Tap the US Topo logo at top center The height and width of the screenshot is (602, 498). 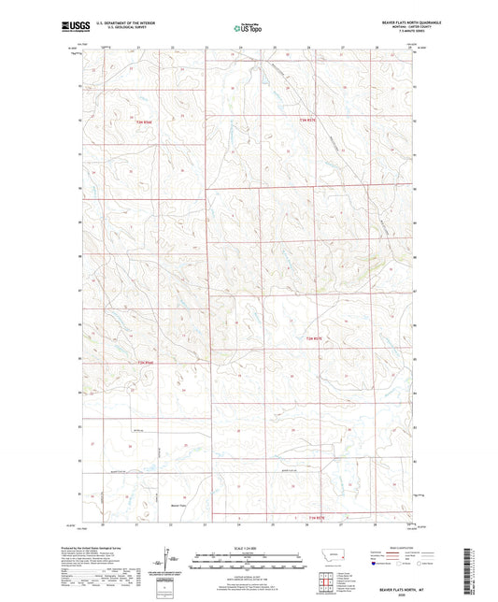[x=245, y=29]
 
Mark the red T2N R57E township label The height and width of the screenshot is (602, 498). [x=315, y=338]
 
